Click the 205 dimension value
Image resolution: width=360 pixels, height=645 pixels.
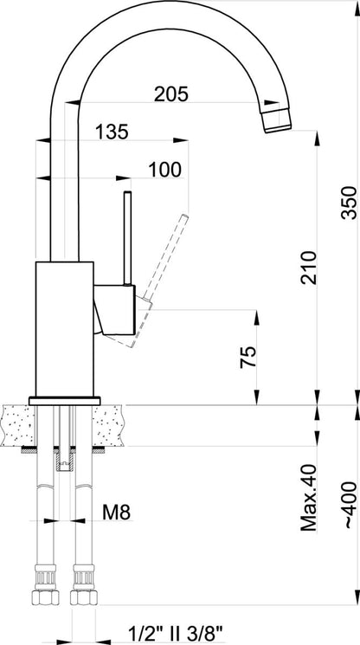[171, 94]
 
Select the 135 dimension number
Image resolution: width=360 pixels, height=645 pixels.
[112, 132]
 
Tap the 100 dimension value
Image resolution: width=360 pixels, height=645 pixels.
[164, 170]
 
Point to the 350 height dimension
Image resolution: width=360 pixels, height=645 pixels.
[349, 203]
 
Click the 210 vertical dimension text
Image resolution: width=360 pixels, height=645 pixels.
[309, 268]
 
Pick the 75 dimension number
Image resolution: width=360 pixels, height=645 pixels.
[248, 357]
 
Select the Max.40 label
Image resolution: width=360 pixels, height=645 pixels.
[309, 497]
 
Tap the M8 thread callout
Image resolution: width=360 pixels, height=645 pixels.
[116, 513]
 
